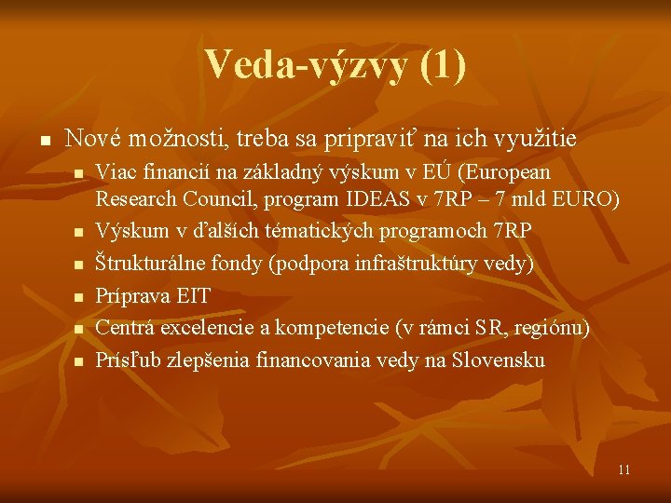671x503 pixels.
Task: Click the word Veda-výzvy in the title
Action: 305,65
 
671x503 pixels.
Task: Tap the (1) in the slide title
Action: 442,65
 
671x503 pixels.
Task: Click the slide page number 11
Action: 623,469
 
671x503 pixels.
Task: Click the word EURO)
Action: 589,199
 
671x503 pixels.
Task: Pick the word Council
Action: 214,199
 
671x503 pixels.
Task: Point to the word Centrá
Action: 125,327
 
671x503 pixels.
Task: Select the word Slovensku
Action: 499,359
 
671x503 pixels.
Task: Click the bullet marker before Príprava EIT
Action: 79,297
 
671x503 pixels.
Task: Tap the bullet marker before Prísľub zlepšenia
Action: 79,360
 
